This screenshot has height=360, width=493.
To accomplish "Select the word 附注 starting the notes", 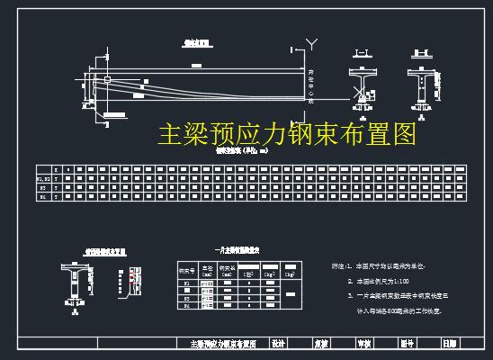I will tap(339, 267).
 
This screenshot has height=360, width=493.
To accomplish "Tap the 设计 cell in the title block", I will tap(278, 343).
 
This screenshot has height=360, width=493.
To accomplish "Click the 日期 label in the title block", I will tap(449, 343).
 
